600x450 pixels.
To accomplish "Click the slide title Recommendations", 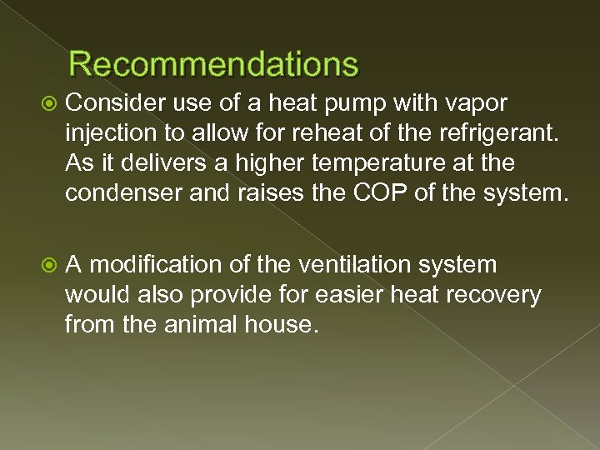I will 214,64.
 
